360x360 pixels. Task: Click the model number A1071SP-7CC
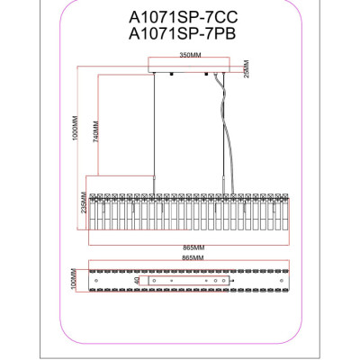pos(183,18)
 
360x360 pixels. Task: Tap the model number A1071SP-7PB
pos(183,34)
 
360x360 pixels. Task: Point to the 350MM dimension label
pos(190,55)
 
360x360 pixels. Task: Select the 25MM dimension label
pos(247,69)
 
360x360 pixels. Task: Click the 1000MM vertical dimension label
pos(75,128)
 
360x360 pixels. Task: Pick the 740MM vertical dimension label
pos(95,131)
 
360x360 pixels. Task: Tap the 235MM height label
pos(84,202)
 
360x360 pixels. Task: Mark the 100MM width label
pos(74,279)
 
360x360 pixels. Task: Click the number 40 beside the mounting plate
pos(137,281)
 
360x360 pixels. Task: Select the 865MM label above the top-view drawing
pos(193,257)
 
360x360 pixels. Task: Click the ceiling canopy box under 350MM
pos(189,65)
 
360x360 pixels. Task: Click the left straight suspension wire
pos(154,133)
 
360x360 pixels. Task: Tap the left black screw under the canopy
pos(172,74)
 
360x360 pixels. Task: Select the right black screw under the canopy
pos(206,74)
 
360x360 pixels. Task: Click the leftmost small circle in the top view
pos(96,281)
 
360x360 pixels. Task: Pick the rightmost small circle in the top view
pos(281,281)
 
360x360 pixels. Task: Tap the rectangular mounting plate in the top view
pos(189,281)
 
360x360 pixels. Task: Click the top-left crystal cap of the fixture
pos(93,196)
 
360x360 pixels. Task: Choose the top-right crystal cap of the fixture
pos(285,196)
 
